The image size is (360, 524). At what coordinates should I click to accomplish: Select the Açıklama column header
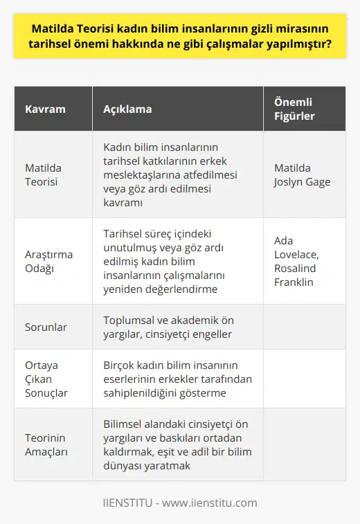tap(127, 109)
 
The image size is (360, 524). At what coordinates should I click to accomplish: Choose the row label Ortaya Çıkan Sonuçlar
tap(45, 378)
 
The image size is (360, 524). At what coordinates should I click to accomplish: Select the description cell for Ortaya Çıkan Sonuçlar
tap(177, 378)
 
